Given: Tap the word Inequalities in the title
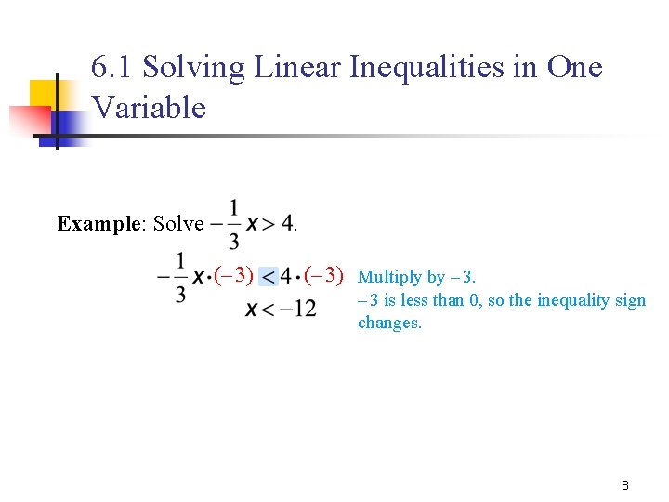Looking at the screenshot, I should tap(433, 67).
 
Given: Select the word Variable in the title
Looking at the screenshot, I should tap(149, 107).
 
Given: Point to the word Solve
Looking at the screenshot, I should tap(178, 223).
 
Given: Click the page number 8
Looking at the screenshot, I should tap(625, 485).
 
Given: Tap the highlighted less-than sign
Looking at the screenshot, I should tap(269, 276).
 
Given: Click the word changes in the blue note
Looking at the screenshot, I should tap(389, 324).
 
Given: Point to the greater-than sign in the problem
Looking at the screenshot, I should tap(266, 223).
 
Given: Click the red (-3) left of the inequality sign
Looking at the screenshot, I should tap(233, 275).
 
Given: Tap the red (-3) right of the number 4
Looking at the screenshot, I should tap(324, 275).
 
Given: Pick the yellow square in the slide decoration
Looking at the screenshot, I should tap(46, 93).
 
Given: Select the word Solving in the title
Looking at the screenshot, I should tap(193, 67).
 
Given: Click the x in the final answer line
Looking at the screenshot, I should tap(252, 309).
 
